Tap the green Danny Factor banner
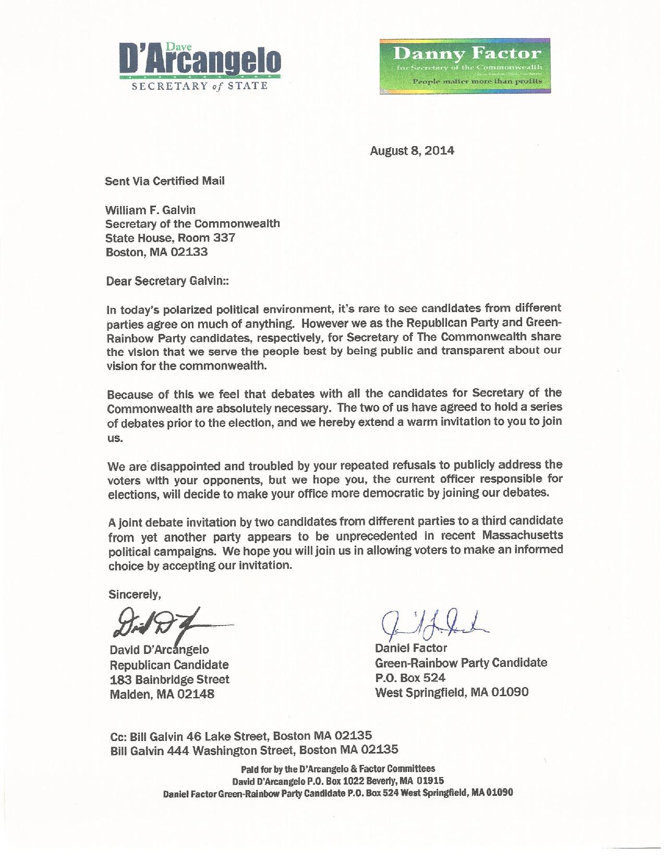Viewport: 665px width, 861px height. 461,66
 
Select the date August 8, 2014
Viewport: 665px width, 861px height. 412,151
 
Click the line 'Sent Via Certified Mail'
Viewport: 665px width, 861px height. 165,181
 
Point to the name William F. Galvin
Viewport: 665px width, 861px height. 150,210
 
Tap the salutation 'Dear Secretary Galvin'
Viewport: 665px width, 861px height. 167,281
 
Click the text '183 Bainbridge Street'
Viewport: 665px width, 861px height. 169,679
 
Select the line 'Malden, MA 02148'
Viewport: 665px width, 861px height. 161,695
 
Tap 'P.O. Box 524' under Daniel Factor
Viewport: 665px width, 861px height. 410,677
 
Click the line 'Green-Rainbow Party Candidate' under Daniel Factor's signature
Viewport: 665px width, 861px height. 461,663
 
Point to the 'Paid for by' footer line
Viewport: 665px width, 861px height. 337,769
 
